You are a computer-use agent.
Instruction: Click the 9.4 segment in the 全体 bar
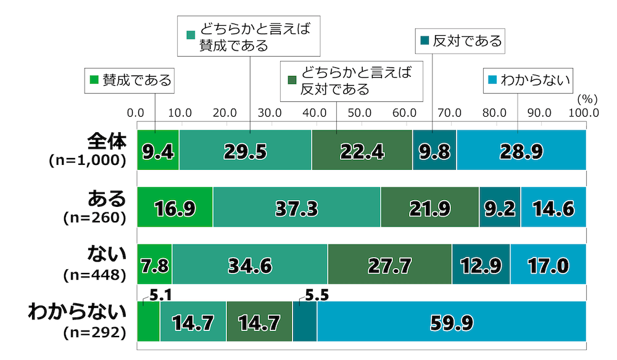tap(157, 150)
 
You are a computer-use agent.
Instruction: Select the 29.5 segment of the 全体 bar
tap(245, 150)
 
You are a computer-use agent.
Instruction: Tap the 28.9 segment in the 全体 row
tap(521, 150)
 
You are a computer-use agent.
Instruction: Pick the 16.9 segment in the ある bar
tap(175, 207)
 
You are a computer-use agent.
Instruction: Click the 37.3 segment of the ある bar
tap(296, 207)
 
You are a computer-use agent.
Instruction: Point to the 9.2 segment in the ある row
tap(500, 207)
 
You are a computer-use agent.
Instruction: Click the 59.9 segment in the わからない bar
tap(451, 322)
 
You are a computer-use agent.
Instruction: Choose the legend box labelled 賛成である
tap(130, 80)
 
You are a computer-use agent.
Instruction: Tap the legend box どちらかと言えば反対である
tap(352, 81)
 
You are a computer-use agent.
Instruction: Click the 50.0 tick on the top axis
tap(359, 113)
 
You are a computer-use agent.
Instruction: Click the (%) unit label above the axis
tap(587, 98)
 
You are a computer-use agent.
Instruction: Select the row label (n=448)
tap(95, 275)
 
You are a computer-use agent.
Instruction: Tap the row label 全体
tap(108, 141)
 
